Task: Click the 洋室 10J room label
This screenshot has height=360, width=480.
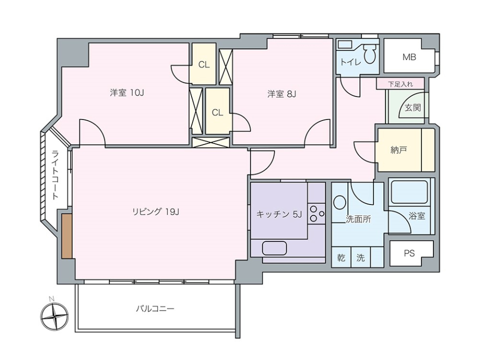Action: (x=127, y=93)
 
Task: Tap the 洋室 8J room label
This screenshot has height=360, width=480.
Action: (x=282, y=93)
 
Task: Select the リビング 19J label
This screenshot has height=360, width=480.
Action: (x=155, y=211)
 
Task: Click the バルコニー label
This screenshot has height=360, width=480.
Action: (x=155, y=308)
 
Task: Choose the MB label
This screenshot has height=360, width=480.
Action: (x=409, y=57)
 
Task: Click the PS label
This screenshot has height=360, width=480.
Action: (x=409, y=253)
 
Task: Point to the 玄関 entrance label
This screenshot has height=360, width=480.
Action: (x=412, y=107)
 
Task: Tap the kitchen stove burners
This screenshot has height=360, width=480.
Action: (x=316, y=213)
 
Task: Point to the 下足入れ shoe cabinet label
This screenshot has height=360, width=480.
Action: (x=400, y=83)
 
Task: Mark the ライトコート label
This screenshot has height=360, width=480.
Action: (x=55, y=175)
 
